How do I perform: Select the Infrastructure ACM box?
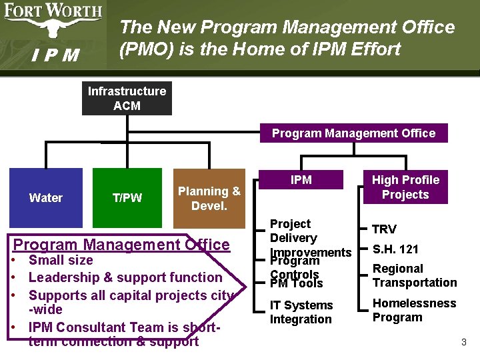click(x=127, y=99)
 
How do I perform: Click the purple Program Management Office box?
click(x=353, y=133)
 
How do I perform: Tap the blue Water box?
click(x=46, y=197)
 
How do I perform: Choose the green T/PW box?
click(x=127, y=197)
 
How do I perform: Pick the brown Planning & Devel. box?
click(x=209, y=199)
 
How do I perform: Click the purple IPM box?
click(x=301, y=180)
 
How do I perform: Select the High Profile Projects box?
click(x=405, y=187)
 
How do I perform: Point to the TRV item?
click(x=384, y=229)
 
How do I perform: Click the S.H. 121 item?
click(x=395, y=249)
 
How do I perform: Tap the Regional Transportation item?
click(x=414, y=275)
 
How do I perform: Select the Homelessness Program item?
click(x=414, y=310)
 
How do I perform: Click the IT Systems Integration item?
click(x=301, y=312)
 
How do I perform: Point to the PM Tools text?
click(x=296, y=284)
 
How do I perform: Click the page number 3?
click(x=463, y=343)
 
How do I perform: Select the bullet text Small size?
click(x=61, y=260)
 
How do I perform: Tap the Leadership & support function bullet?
click(x=125, y=277)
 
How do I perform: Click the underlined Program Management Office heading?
click(x=121, y=245)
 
